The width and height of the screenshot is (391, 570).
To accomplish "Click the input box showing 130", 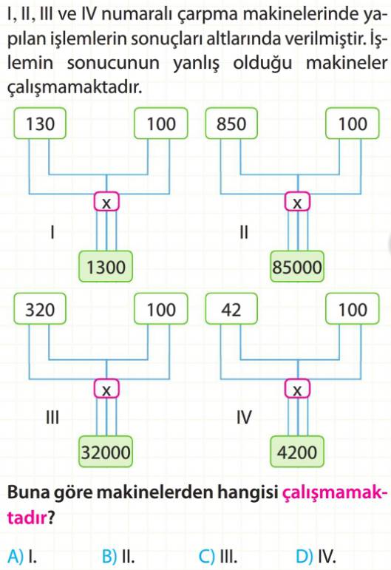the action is coord(40,123).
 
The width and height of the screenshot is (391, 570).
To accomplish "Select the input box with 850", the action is coord(231,123).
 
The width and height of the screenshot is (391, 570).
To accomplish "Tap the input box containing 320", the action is coord(40,309).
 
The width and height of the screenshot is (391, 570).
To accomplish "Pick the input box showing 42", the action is coord(231,309).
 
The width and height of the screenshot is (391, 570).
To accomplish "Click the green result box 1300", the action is coord(106,266).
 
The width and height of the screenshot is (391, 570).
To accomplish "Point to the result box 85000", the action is coord(297,266).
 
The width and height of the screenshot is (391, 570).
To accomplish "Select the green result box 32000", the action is coord(106,452).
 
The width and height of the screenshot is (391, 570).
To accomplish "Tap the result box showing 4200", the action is coord(297,452).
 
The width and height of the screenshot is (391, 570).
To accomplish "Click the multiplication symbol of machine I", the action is coord(106,202).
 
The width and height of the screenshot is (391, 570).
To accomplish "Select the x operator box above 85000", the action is coord(297,202).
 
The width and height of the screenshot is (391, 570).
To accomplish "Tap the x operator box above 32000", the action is coord(106,389).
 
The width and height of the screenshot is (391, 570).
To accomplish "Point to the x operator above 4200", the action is coord(297,389).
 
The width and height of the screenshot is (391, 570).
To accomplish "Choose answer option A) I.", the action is coord(22,556).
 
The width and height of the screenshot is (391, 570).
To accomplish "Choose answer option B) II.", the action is coord(118,556).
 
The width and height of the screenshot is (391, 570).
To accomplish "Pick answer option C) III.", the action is coord(218,556).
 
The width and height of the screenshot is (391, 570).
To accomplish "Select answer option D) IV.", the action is coord(316,556).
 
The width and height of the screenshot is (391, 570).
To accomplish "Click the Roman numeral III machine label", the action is coord(52,417).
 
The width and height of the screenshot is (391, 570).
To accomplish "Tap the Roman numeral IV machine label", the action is coord(244,417).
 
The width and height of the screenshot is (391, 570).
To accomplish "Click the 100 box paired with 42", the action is coord(353,309).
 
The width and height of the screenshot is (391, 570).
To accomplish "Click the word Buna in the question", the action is coord(29,492).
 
